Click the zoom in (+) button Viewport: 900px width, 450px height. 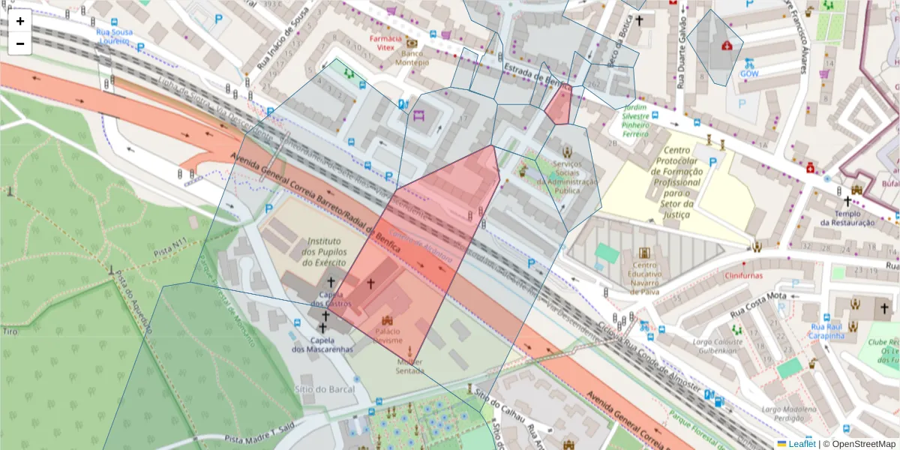tap(20, 21)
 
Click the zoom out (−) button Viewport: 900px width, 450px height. tap(20, 43)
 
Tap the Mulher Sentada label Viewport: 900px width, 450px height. tap(409, 367)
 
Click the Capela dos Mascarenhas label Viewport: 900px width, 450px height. tap(323, 344)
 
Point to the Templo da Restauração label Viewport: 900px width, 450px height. tap(847, 217)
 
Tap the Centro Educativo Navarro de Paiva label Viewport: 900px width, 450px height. tap(646, 274)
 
